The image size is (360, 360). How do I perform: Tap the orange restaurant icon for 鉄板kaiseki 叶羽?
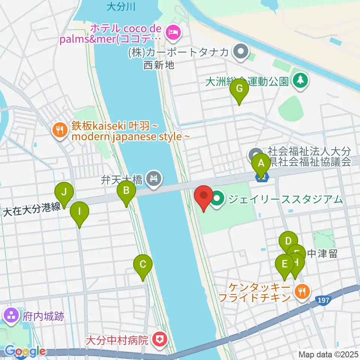point(60,130)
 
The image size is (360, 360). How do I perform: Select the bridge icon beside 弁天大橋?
point(154,177)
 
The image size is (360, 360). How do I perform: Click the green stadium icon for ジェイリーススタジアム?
point(217,199)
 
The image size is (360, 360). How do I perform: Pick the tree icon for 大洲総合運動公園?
point(300,80)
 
